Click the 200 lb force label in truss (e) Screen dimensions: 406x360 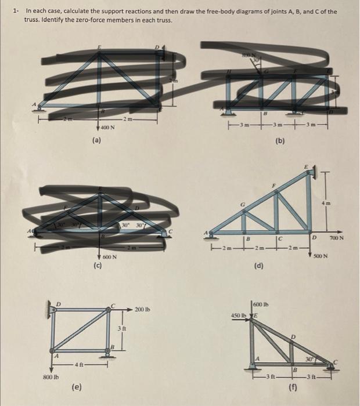142,309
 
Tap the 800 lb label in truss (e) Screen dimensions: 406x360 51,377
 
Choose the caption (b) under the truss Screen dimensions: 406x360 279,140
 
